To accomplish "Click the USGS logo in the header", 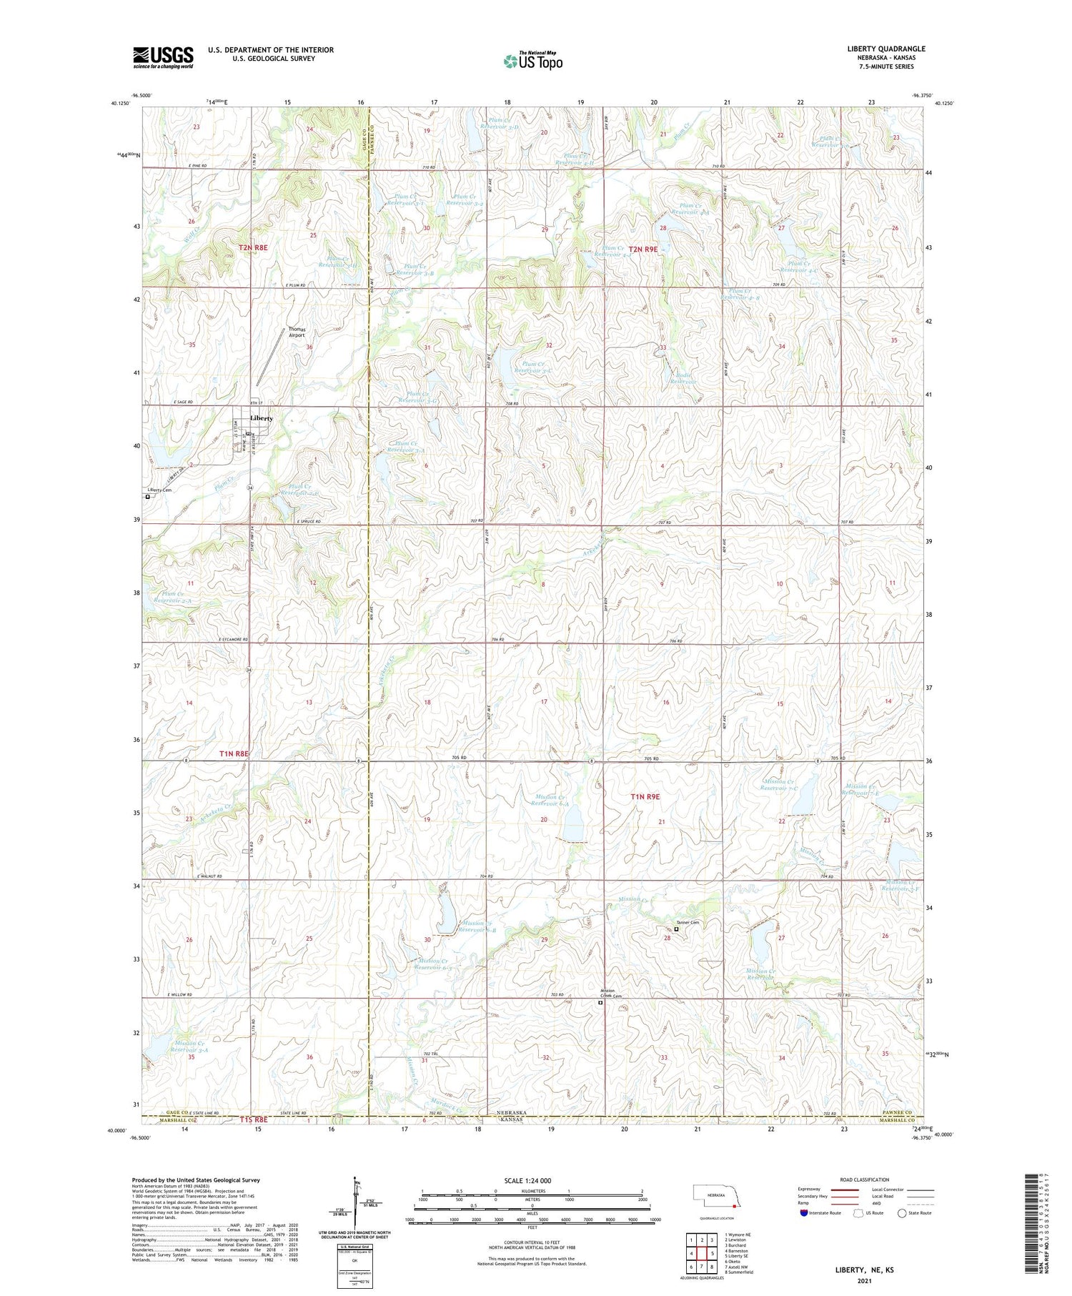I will [x=163, y=57].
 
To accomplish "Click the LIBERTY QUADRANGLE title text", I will [x=885, y=49].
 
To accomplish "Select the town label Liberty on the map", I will [x=261, y=418].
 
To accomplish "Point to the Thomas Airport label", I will [x=297, y=332].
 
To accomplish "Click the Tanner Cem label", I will [x=687, y=923].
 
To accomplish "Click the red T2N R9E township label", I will [x=642, y=249].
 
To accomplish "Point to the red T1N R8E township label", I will [x=234, y=754].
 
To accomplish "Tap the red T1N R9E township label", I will [x=645, y=796].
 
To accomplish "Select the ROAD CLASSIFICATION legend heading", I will [x=864, y=1179].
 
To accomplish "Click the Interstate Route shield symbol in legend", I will [x=803, y=1213].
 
